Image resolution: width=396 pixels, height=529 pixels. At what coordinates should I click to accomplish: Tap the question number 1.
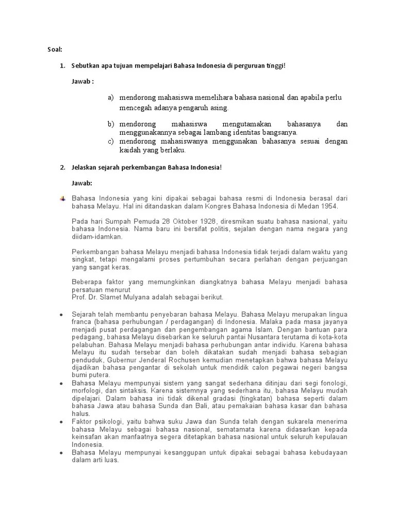click(x=61, y=66)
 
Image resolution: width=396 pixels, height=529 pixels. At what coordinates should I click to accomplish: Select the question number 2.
click(x=61, y=167)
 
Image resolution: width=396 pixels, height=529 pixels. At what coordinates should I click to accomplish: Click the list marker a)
click(x=111, y=98)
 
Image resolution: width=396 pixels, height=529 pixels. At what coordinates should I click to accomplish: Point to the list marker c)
click(x=111, y=141)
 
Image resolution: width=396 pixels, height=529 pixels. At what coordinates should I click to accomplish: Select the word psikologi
click(x=105, y=422)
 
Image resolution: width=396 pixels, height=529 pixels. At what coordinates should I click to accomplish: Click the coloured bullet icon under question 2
click(x=62, y=198)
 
